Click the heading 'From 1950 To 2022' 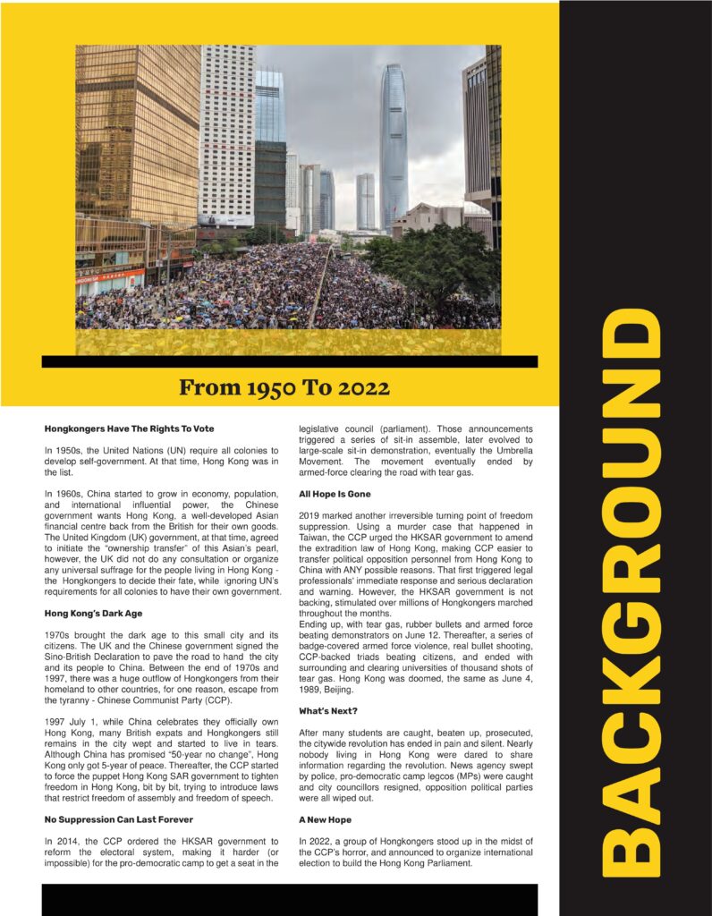(x=284, y=388)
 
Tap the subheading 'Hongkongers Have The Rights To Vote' (x=130, y=429)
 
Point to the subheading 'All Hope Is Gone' (x=335, y=494)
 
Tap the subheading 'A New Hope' (x=326, y=819)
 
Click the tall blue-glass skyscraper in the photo (x=393, y=143)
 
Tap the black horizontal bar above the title (x=289, y=361)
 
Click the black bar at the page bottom (x=289, y=899)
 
